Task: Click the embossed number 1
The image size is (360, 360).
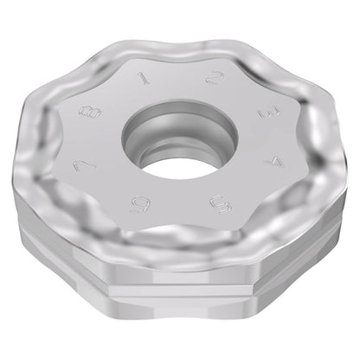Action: point(145,78)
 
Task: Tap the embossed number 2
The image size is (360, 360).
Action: point(215,77)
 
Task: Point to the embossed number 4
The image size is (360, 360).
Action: point(274,164)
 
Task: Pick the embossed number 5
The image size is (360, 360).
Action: point(222,203)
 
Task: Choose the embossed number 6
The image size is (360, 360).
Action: point(140,204)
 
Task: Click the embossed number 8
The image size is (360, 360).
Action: point(90,112)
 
